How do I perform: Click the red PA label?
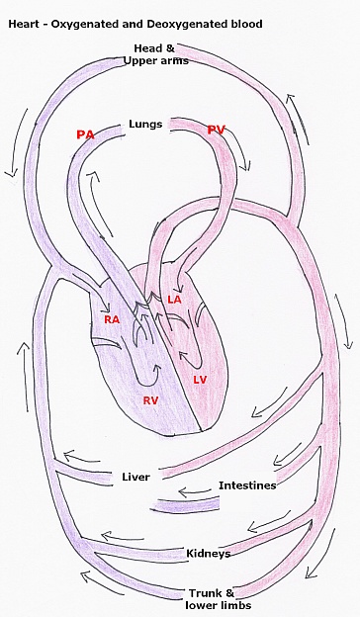click(85, 134)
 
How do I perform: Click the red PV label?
click(218, 131)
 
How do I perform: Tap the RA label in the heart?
click(112, 320)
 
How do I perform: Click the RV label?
click(151, 400)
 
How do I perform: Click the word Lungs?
click(145, 125)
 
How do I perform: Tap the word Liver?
click(135, 477)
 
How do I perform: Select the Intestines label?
click(247, 485)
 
